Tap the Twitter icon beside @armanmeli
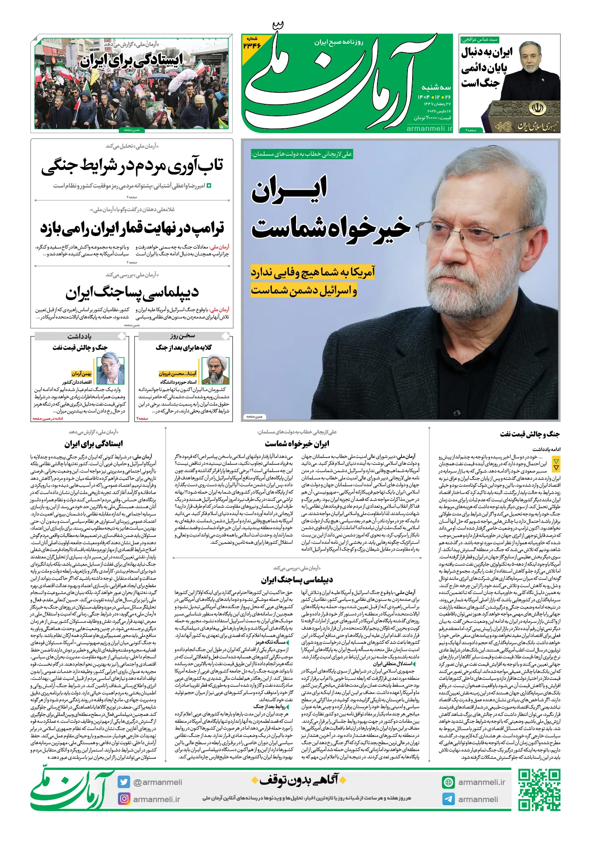[124, 782]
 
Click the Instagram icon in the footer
[124, 799]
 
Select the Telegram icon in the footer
[449, 799]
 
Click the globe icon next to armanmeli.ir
[449, 782]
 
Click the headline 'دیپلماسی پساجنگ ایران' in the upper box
[132, 293]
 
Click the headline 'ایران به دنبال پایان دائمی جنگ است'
[486, 68]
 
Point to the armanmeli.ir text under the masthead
[429, 128]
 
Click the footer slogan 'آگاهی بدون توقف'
[299, 779]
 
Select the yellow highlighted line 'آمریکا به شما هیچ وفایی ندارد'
[313, 272]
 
